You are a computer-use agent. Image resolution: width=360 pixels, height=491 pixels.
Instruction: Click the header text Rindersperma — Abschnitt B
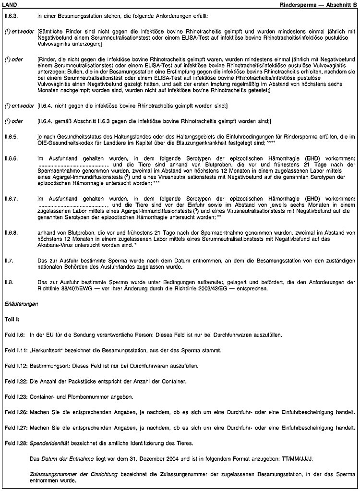point(318,4)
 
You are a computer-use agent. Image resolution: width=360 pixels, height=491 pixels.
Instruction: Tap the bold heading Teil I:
point(11,319)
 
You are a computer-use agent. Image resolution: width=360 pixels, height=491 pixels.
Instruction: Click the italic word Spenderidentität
point(50,443)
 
